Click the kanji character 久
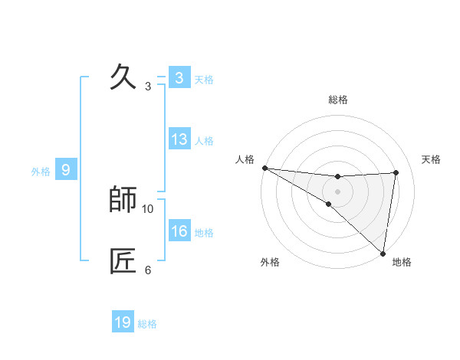click(x=123, y=77)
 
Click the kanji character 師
click(x=123, y=200)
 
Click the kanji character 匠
click(x=123, y=261)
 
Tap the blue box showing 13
click(x=179, y=139)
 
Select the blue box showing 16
click(x=179, y=231)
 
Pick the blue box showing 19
click(x=123, y=322)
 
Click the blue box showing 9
click(x=66, y=170)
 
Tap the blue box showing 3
click(x=179, y=78)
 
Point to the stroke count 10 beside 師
click(x=148, y=208)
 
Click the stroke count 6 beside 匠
click(x=148, y=270)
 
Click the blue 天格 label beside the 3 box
click(x=204, y=80)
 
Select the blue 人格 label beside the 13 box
click(x=204, y=141)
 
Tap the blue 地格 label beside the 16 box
click(x=204, y=233)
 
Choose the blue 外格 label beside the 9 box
click(x=41, y=172)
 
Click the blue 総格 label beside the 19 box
click(x=147, y=324)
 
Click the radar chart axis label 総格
click(x=338, y=100)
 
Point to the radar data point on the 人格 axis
click(x=264, y=168)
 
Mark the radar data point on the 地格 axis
click(x=382, y=253)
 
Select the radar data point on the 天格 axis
click(x=396, y=173)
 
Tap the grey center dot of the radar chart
click(x=337, y=191)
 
